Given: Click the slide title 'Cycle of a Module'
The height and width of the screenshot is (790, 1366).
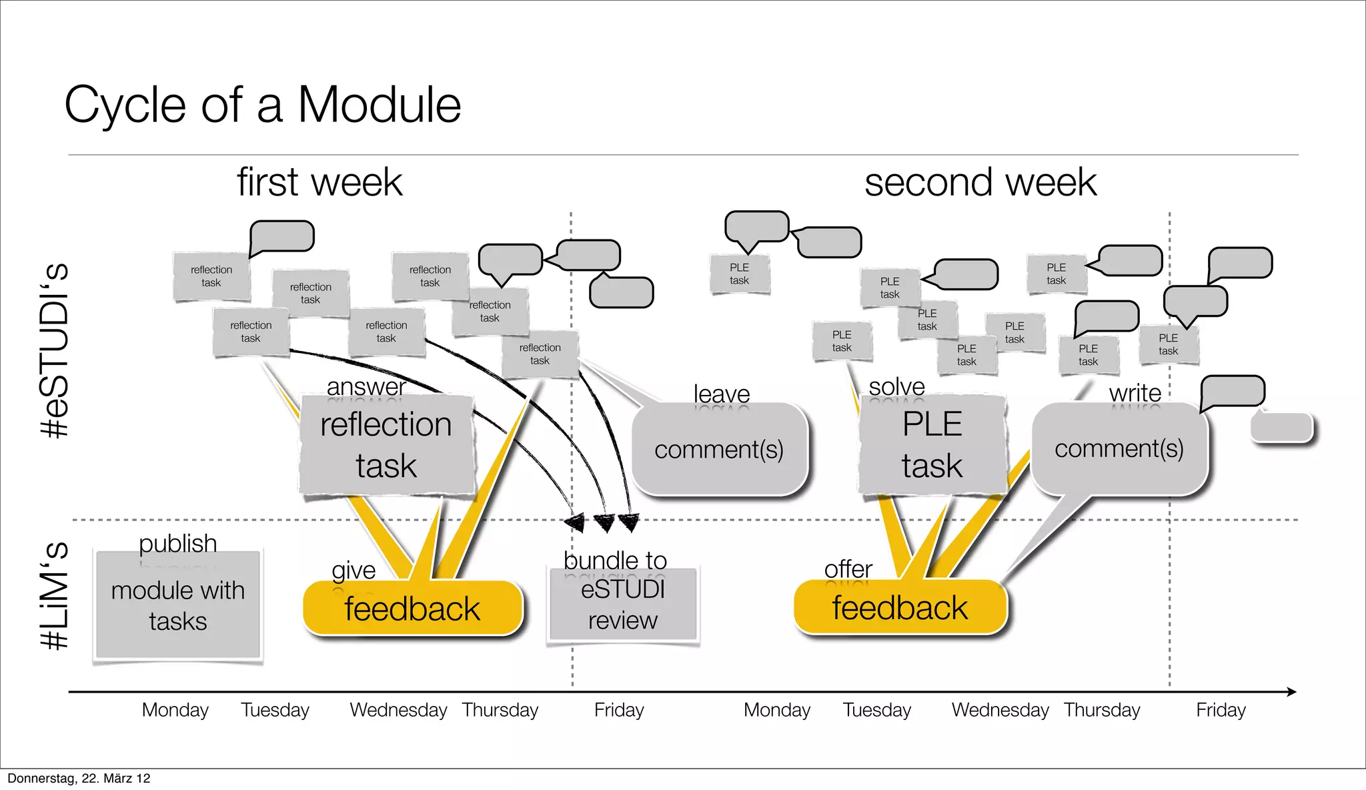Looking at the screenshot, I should point(262,105).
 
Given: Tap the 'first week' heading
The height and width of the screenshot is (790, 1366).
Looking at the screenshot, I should point(319,182).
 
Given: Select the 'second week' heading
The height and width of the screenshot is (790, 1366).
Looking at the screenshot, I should point(980,182).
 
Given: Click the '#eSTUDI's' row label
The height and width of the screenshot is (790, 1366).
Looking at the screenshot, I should point(55,350).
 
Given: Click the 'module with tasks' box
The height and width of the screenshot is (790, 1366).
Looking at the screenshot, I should point(177,605).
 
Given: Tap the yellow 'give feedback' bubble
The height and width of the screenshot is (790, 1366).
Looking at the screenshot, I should point(412,608).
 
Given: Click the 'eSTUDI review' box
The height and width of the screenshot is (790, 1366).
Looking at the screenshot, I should point(622,605).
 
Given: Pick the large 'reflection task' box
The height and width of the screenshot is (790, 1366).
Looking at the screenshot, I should point(386,445).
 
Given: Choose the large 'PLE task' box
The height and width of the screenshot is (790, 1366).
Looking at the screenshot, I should point(932,445).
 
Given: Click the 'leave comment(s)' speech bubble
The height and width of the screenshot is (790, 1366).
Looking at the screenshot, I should point(718,449).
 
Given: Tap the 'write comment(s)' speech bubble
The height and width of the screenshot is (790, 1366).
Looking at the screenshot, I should point(1119,448).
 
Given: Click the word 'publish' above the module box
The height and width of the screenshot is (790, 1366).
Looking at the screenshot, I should point(177,543).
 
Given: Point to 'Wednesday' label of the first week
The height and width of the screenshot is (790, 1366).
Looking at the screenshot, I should point(398,710).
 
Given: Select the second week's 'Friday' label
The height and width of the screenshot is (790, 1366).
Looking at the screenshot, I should point(1221,710).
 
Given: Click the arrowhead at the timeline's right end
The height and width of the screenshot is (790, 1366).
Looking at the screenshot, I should point(1291,692).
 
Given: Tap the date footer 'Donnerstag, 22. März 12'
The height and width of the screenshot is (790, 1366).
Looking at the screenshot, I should point(79,779).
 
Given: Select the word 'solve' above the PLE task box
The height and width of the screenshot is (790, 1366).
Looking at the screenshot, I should point(896,386).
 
